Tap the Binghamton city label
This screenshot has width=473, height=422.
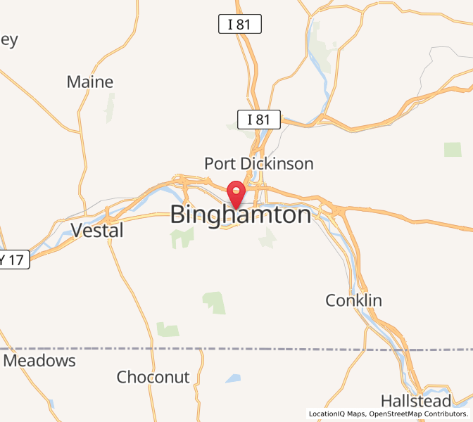click(x=241, y=215)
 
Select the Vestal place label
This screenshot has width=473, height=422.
click(x=97, y=230)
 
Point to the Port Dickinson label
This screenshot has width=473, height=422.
click(x=258, y=164)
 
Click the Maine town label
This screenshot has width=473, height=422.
click(x=90, y=82)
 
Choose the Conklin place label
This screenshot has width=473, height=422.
click(x=353, y=301)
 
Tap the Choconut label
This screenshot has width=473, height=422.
click(x=153, y=377)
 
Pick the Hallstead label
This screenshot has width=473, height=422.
click(x=415, y=401)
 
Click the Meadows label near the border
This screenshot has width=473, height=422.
click(x=39, y=361)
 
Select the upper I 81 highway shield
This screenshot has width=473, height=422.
click(x=239, y=25)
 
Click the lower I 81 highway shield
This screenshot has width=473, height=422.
click(x=258, y=120)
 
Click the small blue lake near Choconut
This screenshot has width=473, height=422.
click(x=233, y=378)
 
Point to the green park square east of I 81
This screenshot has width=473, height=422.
click(x=453, y=149)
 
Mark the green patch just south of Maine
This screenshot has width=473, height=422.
click(x=110, y=108)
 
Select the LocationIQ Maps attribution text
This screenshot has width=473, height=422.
click(x=336, y=414)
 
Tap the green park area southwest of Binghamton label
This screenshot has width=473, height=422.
click(x=182, y=237)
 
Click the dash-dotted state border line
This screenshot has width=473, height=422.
click(x=211, y=349)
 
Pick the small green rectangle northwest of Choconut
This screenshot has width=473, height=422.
click(x=168, y=328)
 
